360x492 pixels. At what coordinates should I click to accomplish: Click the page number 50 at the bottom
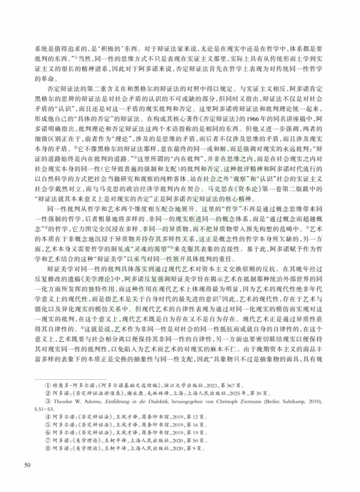click(27, 465)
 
